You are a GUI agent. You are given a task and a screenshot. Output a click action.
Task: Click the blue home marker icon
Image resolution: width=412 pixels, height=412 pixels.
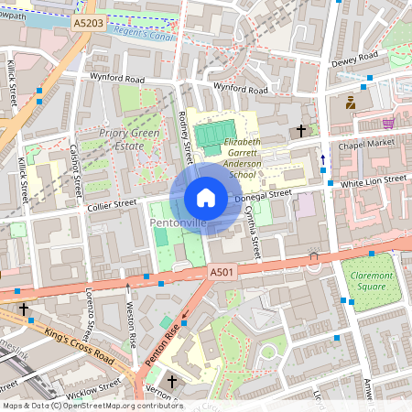click(206, 197)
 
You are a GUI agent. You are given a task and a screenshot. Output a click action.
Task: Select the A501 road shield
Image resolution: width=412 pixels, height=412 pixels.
click(222, 273)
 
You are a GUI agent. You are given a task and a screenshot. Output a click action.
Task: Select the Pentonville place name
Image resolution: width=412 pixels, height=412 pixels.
click(178, 222)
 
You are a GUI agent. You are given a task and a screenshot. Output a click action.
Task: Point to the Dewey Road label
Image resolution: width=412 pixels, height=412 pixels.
click(355, 58)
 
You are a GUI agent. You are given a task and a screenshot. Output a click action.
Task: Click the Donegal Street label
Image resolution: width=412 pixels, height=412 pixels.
click(263, 194)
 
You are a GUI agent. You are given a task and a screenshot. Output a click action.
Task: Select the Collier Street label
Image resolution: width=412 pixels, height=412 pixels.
click(112, 204)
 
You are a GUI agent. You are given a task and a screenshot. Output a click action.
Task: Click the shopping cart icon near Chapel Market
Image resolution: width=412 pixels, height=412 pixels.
click(388, 122)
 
